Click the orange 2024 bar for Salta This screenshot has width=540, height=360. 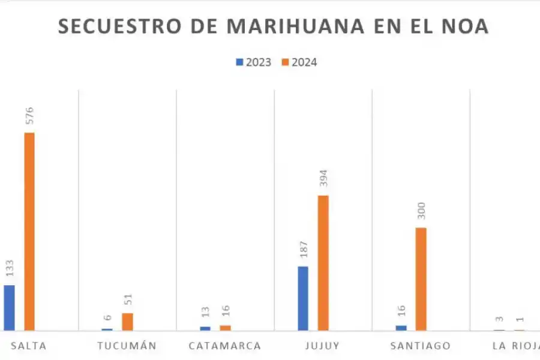[x=29, y=231]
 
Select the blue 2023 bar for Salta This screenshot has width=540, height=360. [x=9, y=307]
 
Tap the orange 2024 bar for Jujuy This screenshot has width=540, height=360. [x=323, y=263]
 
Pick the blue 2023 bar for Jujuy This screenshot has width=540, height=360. [x=303, y=298]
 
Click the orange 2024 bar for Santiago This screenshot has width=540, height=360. [x=421, y=279]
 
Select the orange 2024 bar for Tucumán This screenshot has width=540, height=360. [x=127, y=322]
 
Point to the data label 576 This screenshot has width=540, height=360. [x=29, y=116]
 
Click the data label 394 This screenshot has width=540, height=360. [x=323, y=179]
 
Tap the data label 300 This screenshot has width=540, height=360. [x=421, y=211]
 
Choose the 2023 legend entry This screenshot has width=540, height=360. [x=254, y=62]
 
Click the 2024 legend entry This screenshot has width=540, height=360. [x=299, y=62]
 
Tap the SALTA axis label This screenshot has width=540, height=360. [x=29, y=346]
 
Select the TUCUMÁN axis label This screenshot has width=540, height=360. [x=127, y=346]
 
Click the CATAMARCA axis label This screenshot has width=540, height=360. [x=224, y=346]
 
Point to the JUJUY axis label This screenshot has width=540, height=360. [x=323, y=346]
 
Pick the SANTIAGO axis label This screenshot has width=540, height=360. [x=420, y=346]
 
